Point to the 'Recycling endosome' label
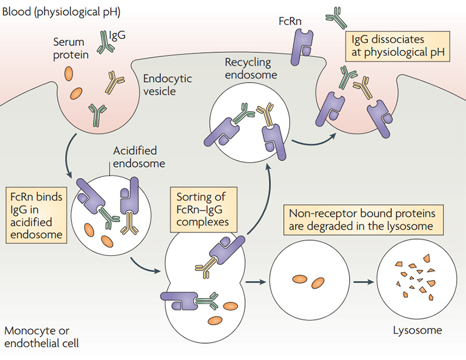click(x=250, y=67)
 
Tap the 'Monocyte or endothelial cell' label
click(x=41, y=337)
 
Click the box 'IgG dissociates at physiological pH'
click(x=396, y=47)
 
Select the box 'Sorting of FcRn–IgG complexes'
click(x=200, y=208)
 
